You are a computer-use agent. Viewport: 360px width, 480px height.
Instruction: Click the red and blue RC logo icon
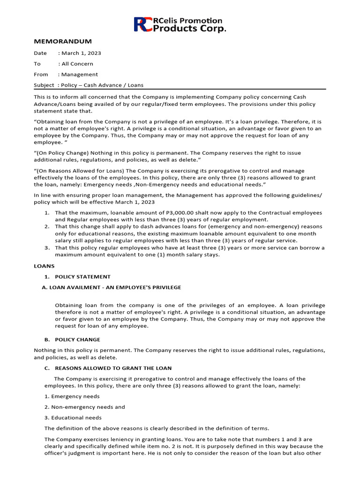(142, 24)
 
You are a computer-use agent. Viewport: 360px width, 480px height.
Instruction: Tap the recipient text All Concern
(77, 64)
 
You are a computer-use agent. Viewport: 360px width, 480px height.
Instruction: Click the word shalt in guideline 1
(195, 213)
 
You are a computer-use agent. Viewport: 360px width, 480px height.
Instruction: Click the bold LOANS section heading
(44, 266)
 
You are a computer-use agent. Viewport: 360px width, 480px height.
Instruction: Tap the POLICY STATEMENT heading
(82, 277)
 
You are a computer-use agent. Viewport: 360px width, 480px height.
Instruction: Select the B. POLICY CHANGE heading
(77, 339)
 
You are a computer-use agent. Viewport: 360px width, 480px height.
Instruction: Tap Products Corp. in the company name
(189, 29)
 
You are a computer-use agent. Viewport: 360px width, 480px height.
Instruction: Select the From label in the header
(41, 75)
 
